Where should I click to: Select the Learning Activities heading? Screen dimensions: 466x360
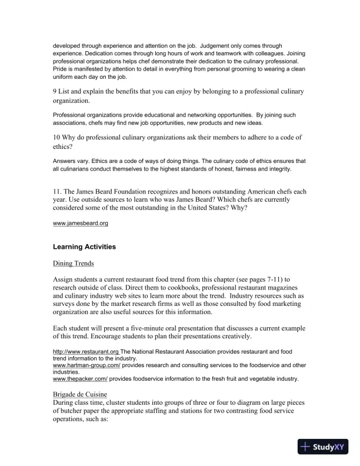coord(84,247)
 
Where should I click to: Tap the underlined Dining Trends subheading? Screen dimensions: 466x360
coord(74,264)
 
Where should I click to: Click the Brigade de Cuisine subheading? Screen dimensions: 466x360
coord(82,394)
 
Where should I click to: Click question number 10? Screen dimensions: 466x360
coord(57,138)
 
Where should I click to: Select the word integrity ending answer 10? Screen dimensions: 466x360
coord(278,169)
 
